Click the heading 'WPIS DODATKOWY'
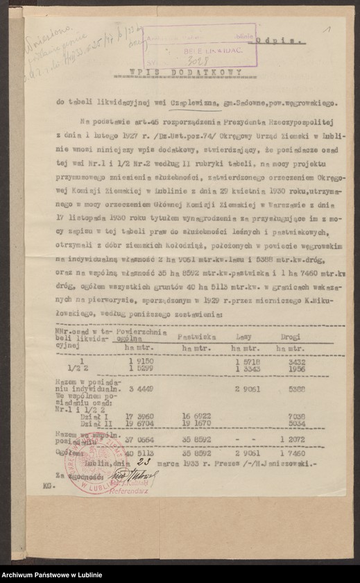(186, 72)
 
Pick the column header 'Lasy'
(244, 335)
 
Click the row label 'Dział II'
(92, 423)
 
